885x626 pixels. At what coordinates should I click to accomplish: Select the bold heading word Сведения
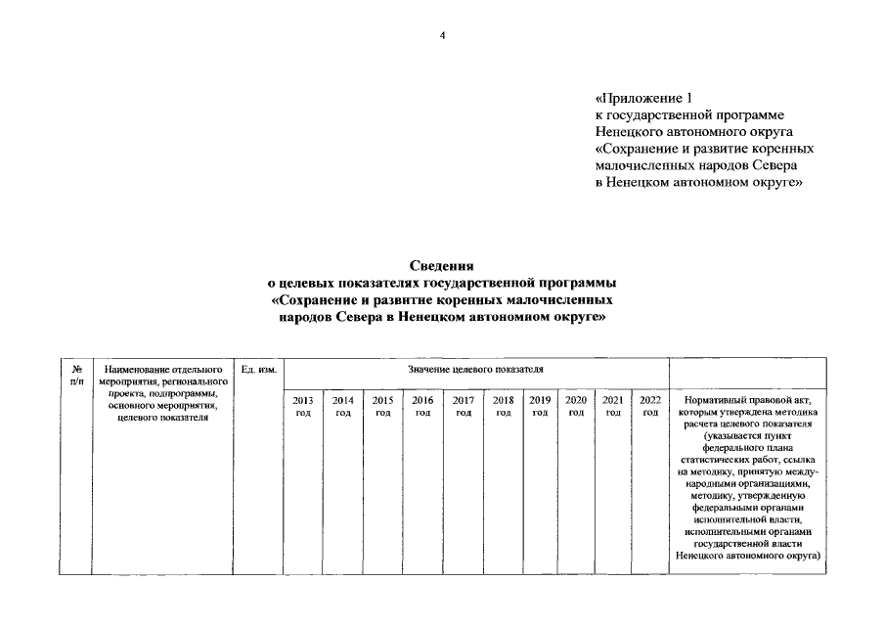click(442, 265)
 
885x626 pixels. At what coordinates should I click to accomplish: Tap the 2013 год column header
click(303, 406)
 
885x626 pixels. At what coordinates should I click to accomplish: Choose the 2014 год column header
click(343, 406)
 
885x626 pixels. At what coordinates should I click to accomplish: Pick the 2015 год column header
click(383, 406)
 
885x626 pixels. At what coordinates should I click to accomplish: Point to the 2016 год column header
click(422, 406)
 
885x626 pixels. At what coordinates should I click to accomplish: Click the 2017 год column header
click(463, 406)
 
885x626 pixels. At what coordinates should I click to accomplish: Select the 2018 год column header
click(504, 406)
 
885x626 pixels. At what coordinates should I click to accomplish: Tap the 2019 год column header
click(540, 406)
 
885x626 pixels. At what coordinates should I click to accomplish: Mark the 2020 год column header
click(576, 406)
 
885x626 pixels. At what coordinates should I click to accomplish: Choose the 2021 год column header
click(613, 406)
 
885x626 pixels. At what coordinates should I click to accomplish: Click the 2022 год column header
click(650, 406)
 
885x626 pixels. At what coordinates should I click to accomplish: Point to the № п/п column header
click(76, 375)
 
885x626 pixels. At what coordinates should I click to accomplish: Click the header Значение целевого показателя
click(476, 370)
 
